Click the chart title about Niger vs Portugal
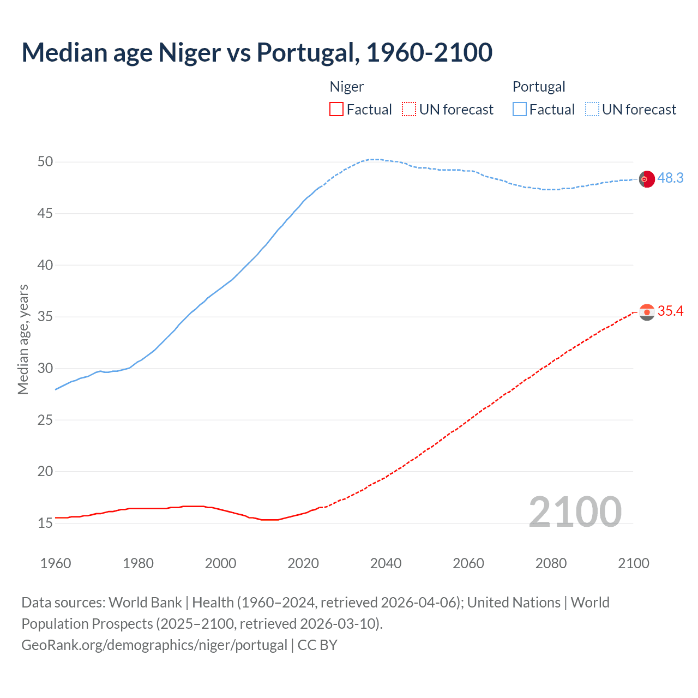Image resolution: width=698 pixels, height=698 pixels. coord(257,52)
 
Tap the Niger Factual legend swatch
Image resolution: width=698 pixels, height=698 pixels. coord(336,109)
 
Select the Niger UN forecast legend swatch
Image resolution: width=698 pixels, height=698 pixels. coord(409,109)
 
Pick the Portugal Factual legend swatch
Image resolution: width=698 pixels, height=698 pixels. coord(519,109)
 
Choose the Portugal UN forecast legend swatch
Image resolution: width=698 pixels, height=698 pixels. coord(592,109)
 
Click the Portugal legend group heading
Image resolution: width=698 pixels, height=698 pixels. coord(538,87)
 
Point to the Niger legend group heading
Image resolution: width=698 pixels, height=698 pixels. coord(346,87)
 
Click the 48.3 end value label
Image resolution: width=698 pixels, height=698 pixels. coord(670,178)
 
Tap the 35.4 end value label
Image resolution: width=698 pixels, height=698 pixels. coord(670,311)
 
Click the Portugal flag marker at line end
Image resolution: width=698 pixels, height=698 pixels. coord(647,179)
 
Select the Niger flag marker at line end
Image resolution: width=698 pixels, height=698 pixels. coord(647,312)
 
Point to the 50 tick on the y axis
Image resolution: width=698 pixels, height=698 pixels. coord(45,162)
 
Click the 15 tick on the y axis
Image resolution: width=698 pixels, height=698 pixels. coord(45,523)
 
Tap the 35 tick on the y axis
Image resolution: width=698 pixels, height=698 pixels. coord(45,317)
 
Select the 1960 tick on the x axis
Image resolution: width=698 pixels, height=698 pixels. coord(56,563)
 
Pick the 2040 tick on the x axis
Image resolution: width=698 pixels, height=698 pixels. coord(386,563)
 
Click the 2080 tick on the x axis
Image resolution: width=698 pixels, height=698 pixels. coord(551,563)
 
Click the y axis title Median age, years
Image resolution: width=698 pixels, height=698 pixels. coord(23,339)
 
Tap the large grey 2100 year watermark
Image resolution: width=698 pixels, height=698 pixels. coord(575,512)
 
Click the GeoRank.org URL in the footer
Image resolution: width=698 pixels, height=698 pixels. coord(154,645)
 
